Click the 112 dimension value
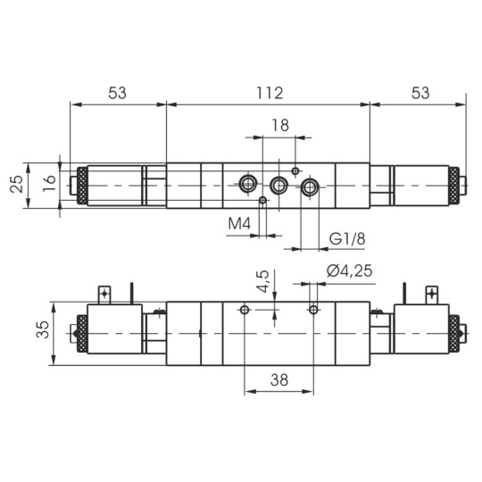point(269,93)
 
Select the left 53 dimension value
point(118,93)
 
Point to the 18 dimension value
point(279,126)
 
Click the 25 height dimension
point(17,186)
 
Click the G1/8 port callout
point(347,238)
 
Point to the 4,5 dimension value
point(262,282)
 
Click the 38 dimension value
point(278,379)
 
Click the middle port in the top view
point(279,186)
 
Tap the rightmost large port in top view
point(310,187)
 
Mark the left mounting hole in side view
point(245,310)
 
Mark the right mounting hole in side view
point(312,310)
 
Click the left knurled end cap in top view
point(79,186)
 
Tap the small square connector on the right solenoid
point(433,292)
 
